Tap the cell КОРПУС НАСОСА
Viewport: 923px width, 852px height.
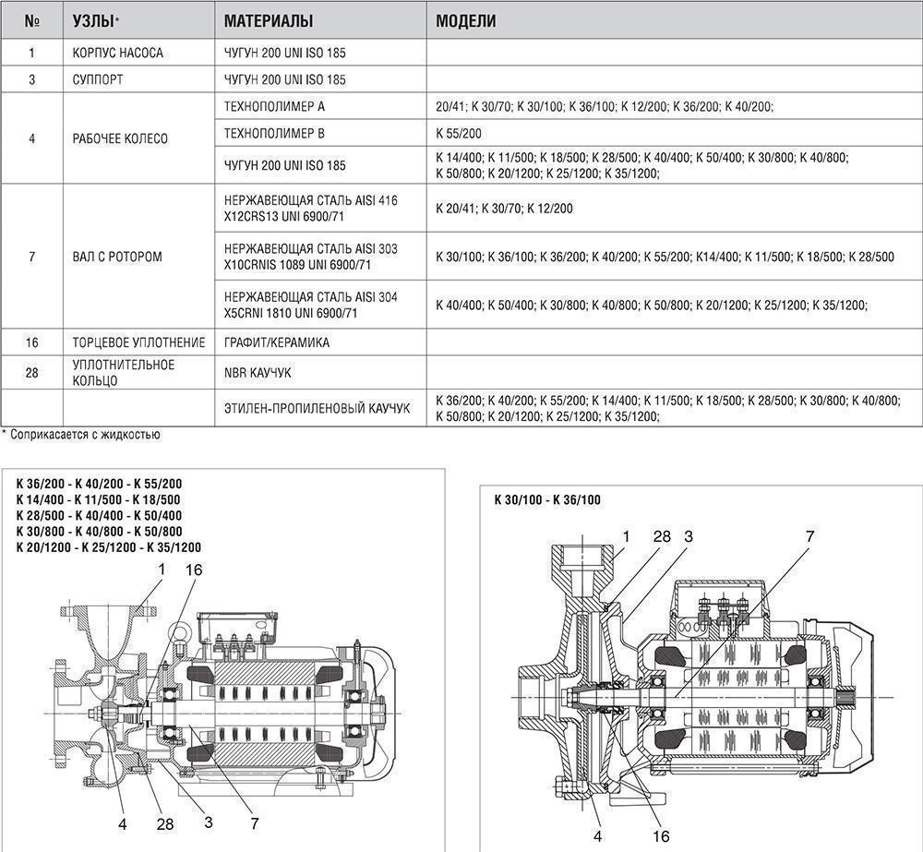[x=117, y=53]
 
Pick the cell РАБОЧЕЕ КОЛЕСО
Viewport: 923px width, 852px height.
[x=120, y=138]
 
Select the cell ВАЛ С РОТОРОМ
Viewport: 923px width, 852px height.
[x=116, y=257]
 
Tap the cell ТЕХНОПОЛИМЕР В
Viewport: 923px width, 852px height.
[x=274, y=134]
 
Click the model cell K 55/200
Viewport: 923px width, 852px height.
[x=458, y=134]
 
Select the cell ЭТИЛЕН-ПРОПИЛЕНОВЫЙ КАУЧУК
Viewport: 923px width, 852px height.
[x=318, y=407]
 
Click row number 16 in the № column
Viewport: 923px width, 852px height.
[x=32, y=342]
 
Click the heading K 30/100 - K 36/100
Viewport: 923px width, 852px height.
[x=547, y=500]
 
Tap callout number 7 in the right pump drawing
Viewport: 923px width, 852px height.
[x=810, y=535]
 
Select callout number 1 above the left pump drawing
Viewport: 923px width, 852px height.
[x=161, y=570]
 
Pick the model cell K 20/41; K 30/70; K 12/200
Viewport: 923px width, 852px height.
[x=504, y=209]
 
